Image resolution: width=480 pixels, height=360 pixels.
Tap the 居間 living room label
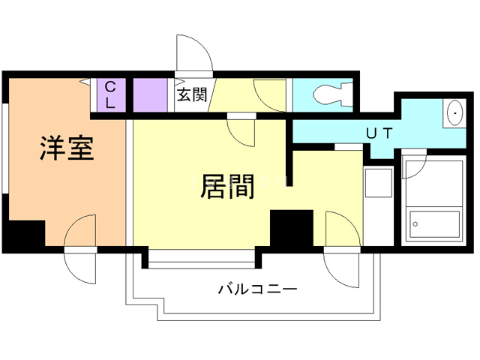click(x=227, y=185)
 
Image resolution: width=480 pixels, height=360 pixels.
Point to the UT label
click(x=378, y=133)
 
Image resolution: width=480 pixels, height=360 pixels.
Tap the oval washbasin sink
click(x=454, y=113)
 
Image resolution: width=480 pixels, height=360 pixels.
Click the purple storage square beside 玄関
click(x=153, y=94)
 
